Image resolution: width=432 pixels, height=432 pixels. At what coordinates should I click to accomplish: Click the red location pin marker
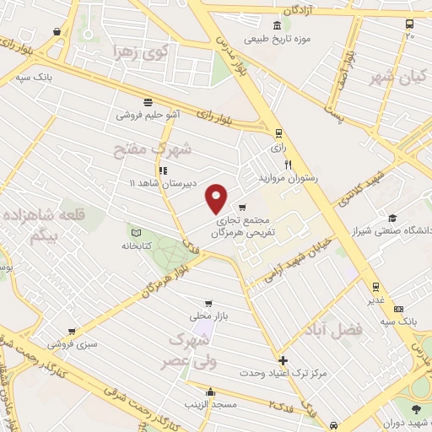217,197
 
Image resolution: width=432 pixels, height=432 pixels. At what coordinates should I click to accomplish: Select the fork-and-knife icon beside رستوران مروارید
289,165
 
